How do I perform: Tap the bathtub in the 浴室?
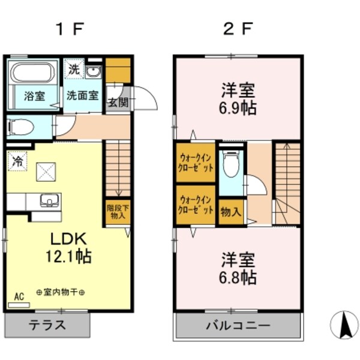[x=34, y=76]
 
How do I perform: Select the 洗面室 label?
[x=82, y=95]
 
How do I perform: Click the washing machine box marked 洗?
[x=73, y=69]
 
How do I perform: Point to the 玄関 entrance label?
[x=118, y=101]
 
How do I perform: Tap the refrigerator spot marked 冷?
[x=18, y=161]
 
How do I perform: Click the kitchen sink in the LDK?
[x=49, y=200]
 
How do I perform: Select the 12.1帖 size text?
[x=69, y=257]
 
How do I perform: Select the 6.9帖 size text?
[x=236, y=109]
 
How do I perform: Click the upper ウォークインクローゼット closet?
[x=195, y=162]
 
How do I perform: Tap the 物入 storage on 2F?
[x=231, y=211]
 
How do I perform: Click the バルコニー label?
[x=236, y=326]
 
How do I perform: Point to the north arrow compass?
[x=344, y=326]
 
